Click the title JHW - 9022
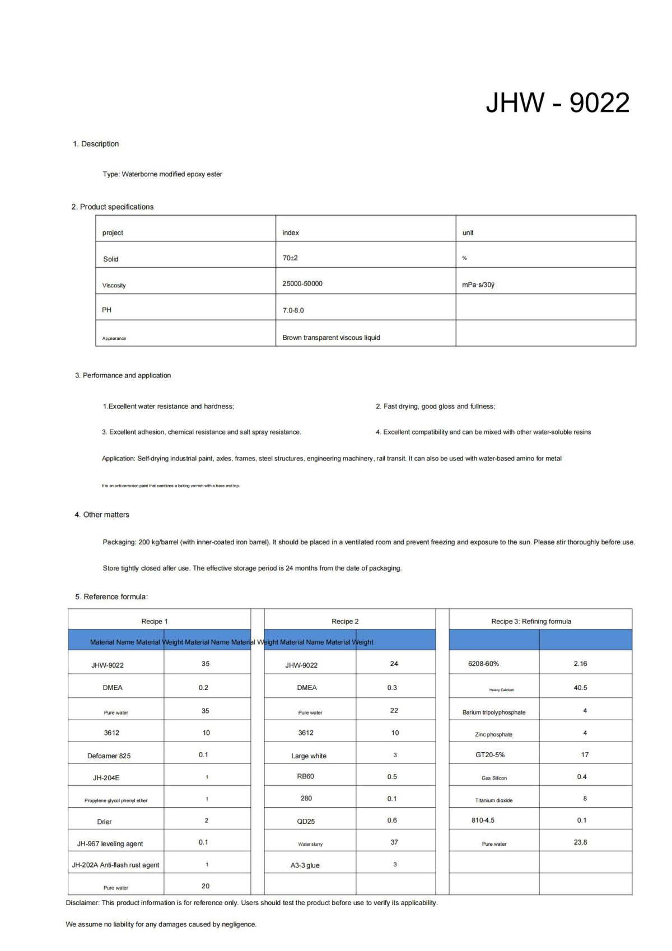(x=557, y=103)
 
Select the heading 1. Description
(x=96, y=144)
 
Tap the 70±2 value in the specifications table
(x=290, y=258)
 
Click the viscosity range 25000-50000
(x=302, y=284)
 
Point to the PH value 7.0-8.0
(x=293, y=310)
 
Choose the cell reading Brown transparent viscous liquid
(x=331, y=338)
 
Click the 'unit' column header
(x=468, y=233)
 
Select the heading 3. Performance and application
(x=123, y=376)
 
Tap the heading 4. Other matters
(x=102, y=515)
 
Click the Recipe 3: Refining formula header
(x=531, y=622)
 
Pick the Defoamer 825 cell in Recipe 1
(x=109, y=756)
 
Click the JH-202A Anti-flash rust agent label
(x=115, y=865)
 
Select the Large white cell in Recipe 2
(x=309, y=756)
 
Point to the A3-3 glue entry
(x=305, y=866)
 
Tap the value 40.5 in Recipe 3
(x=580, y=688)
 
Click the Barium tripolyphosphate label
(x=494, y=713)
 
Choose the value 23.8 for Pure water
(x=580, y=842)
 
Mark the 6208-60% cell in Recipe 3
(x=483, y=664)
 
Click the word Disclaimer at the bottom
(x=82, y=903)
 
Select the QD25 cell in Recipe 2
(x=306, y=822)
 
